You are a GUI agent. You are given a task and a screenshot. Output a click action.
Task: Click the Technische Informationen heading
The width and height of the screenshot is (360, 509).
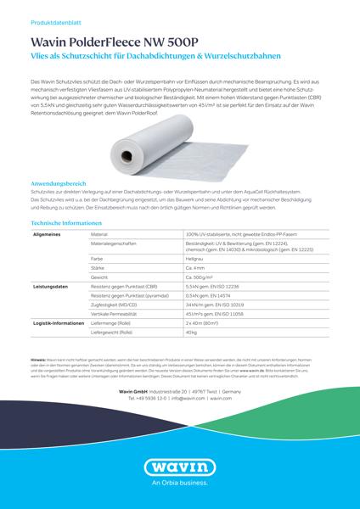(70, 222)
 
